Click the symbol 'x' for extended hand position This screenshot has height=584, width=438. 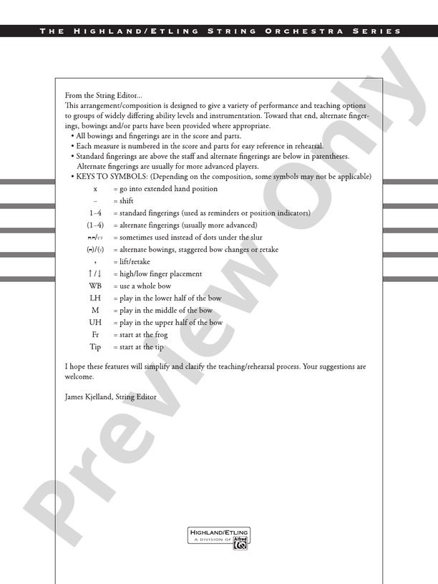coord(95,189)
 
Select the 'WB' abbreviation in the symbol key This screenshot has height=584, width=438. coord(95,286)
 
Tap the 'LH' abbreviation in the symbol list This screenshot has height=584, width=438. coord(95,298)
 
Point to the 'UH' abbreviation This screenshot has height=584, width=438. coord(95,322)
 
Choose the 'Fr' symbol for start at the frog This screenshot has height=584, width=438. coord(95,334)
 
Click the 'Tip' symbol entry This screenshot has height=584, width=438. coord(95,346)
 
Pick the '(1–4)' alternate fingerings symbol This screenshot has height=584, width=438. coord(95,225)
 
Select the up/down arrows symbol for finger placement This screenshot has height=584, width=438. coord(95,273)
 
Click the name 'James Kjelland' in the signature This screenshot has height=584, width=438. coord(88,396)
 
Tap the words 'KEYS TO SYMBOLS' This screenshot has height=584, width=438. coord(112,177)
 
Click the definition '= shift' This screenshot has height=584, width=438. coord(123,201)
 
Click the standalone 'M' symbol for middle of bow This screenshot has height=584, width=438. coord(95,310)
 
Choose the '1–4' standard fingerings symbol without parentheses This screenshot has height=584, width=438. coord(95,213)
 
